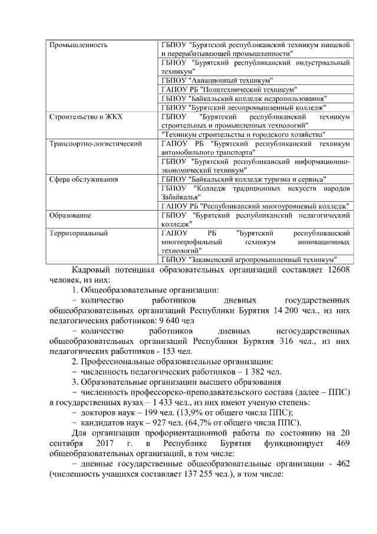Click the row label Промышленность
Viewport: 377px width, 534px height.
pyautogui.click(x=78, y=45)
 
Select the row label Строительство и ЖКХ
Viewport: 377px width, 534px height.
pyautogui.click(x=85, y=117)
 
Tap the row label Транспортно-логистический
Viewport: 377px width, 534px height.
pyautogui.click(x=95, y=143)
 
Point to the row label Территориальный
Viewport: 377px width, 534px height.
pyautogui.click(x=78, y=233)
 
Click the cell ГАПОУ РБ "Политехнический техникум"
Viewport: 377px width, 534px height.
pyautogui.click(x=227, y=89)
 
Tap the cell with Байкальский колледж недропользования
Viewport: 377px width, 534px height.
pyautogui.click(x=244, y=98)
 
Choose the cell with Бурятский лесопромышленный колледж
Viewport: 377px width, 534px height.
pyautogui.click(x=243, y=107)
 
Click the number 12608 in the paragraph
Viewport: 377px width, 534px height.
pyautogui.click(x=340, y=270)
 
